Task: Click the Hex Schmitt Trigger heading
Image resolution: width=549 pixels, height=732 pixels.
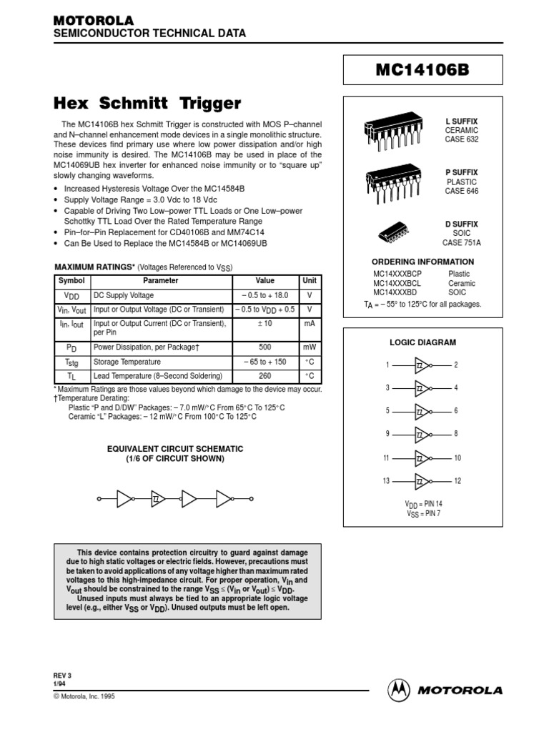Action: click(x=148, y=103)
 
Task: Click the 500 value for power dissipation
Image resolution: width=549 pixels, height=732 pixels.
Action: click(x=264, y=346)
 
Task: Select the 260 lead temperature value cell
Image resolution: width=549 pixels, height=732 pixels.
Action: click(x=264, y=376)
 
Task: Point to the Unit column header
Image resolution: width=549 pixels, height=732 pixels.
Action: click(x=310, y=280)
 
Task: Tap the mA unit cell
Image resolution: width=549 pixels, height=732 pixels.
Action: click(x=310, y=324)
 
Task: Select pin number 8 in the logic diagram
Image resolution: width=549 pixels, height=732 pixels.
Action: click(x=456, y=434)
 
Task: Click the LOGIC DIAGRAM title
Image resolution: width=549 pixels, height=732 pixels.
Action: click(x=422, y=342)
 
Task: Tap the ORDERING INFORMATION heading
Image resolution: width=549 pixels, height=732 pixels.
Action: click(x=422, y=262)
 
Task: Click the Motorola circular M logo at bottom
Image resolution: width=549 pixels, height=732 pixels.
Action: click(x=399, y=690)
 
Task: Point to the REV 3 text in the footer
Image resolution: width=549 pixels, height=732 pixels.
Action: click(x=64, y=674)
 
